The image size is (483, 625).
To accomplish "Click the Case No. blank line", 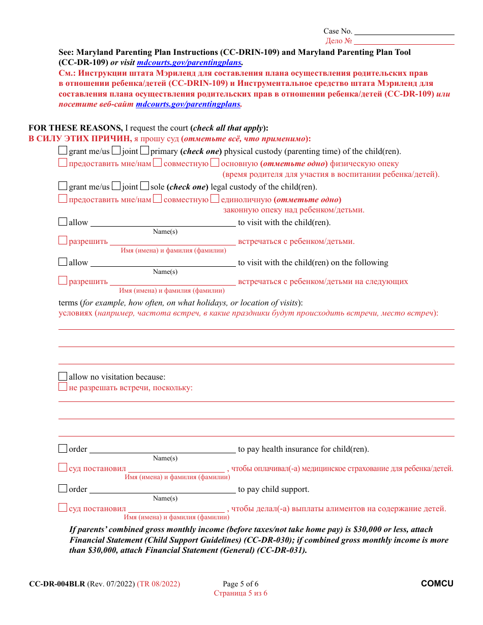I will [404, 32].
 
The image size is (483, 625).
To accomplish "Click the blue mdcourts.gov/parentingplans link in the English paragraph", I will [190, 63].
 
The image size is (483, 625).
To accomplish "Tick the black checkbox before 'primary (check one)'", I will [144, 150].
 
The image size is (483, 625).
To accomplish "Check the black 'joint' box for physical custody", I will [116, 150].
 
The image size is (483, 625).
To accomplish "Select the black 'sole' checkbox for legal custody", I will [144, 186].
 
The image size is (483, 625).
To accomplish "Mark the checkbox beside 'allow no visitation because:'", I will [63, 377].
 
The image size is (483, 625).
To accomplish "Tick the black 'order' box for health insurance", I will [63, 449].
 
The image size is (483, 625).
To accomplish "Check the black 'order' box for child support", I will [63, 489].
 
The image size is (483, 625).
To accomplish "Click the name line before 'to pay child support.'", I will [163, 490].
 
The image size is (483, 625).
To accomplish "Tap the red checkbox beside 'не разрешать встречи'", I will [63, 387].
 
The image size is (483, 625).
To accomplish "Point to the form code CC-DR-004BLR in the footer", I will [57, 584].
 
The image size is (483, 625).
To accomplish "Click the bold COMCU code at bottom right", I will [437, 584].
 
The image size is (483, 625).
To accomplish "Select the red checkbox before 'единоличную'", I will [215, 199].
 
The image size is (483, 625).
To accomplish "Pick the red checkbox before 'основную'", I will [215, 163].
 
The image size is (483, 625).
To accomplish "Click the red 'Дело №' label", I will [339, 41].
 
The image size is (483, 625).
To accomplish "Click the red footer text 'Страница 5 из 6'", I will [240, 593].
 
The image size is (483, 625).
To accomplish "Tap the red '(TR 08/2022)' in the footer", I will [158, 584].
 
